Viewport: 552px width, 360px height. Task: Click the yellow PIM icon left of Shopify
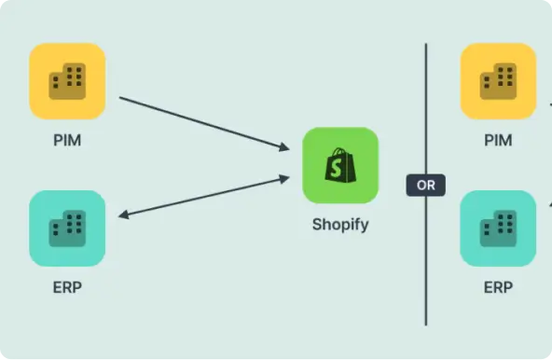pos(67,81)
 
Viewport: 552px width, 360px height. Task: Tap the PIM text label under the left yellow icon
pos(67,141)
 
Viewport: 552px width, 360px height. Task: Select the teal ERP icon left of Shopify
pos(67,228)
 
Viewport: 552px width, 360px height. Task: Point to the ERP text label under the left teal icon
pos(67,287)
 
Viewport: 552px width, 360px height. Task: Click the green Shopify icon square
pos(340,165)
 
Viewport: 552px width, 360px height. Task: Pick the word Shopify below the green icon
pos(340,224)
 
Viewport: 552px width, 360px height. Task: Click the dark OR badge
pos(426,185)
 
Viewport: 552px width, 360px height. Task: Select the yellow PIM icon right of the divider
pos(498,81)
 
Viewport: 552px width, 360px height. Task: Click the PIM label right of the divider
pos(498,141)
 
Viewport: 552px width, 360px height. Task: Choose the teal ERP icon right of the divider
pos(498,228)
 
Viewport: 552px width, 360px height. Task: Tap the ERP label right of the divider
pos(498,287)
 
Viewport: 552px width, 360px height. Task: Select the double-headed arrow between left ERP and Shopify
pos(205,197)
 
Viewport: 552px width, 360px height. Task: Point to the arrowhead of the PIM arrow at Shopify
pos(284,146)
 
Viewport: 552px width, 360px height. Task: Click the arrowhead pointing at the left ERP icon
pos(124,215)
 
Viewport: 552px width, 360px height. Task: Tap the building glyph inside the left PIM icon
pos(67,81)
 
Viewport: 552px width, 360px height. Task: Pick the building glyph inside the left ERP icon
pos(67,228)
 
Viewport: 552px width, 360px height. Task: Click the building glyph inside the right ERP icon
pos(498,228)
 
